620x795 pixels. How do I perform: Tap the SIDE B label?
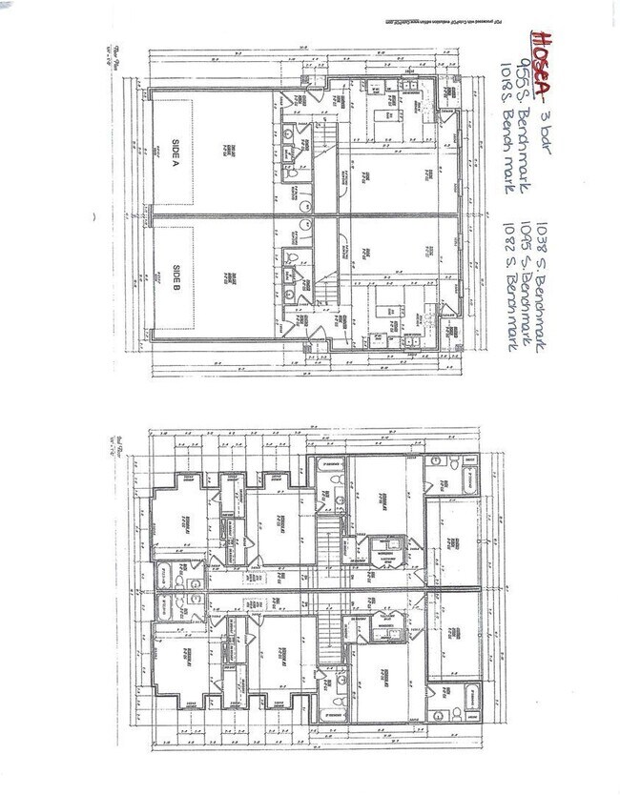177,276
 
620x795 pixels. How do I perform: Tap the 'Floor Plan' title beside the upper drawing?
107,56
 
